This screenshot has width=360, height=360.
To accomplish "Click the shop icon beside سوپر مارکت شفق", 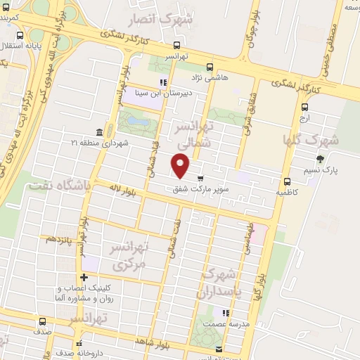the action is pyautogui.click(x=202, y=177).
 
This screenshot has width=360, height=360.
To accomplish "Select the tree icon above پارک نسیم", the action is pyautogui.click(x=321, y=160).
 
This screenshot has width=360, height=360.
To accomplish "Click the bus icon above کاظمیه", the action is pyautogui.click(x=285, y=181).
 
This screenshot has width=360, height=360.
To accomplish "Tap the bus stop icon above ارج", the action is pyautogui.click(x=304, y=108).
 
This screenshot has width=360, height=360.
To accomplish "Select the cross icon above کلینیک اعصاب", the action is pyautogui.click(x=84, y=276).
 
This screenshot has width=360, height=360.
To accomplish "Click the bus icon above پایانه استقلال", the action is pyautogui.click(x=19, y=35).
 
